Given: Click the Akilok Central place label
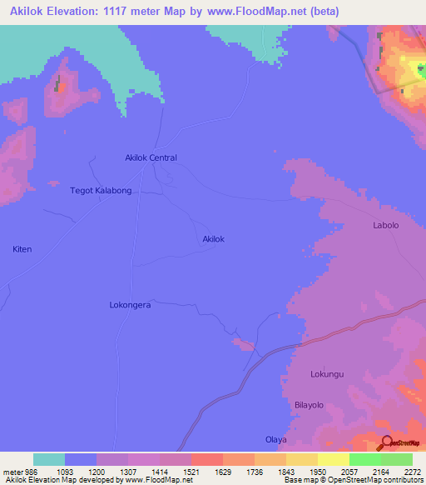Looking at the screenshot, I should pos(151,157).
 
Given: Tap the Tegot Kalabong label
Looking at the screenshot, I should pos(101,191).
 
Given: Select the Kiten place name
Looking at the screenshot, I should pos(22,249).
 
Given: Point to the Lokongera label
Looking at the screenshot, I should pos(130,305).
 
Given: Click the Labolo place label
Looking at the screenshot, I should pos(385,226).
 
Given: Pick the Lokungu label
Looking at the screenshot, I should pos(327,374).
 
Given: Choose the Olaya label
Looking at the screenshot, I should pos(275,439).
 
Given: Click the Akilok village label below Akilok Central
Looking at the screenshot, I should pos(214,239).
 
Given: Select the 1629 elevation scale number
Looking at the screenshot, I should pos(223,472).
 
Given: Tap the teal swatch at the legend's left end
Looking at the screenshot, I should pos(49,459).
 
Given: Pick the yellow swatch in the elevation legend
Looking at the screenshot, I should pos(333,459).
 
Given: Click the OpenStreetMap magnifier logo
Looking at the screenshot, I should pos(387,442).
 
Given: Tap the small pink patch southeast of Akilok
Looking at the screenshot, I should pos(245,344).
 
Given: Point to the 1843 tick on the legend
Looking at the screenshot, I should pos(287,472).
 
